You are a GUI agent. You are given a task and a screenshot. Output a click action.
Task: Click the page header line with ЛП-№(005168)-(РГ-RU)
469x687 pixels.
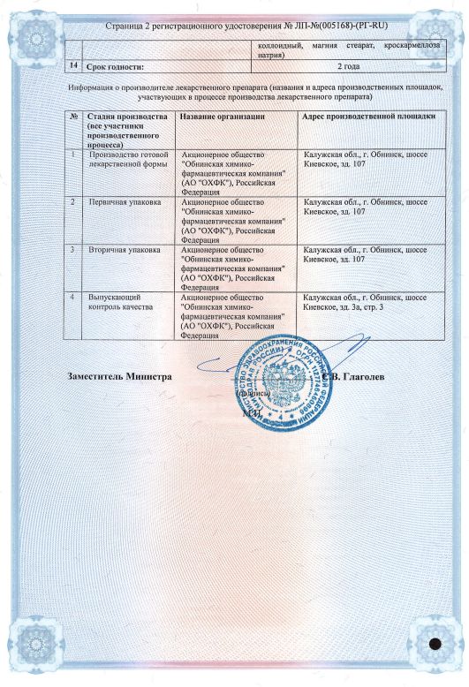pyautogui.click(x=234, y=27)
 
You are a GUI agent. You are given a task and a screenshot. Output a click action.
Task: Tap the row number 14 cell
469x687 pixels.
pyautogui.click(x=72, y=65)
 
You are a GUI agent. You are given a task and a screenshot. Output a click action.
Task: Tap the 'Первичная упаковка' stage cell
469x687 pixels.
pyautogui.click(x=125, y=202)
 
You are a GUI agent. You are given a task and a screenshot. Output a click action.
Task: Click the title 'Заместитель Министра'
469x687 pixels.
pyautogui.click(x=119, y=376)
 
